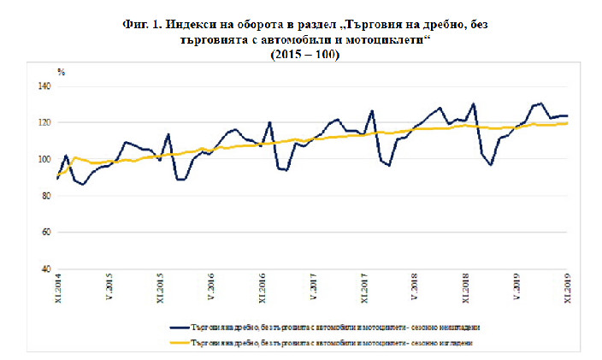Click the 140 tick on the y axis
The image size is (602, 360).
[x=44, y=86]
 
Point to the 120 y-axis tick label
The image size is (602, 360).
[x=44, y=123]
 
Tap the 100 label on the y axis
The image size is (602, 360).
[x=44, y=159]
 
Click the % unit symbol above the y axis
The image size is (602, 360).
[x=61, y=72]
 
